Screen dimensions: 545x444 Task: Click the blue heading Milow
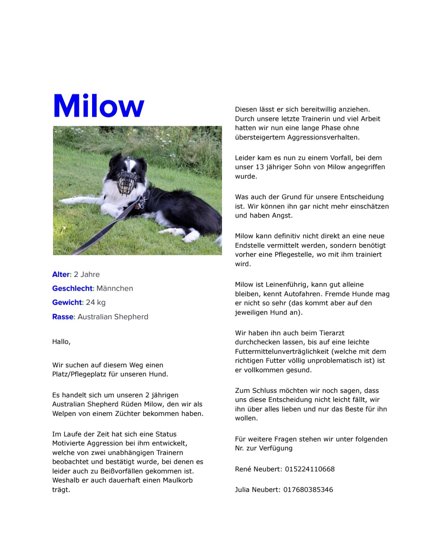point(99,106)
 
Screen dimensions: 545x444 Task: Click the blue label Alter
point(61,274)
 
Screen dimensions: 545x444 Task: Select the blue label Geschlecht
point(73,288)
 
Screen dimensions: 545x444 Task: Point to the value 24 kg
point(95,302)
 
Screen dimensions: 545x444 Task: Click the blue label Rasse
point(63,317)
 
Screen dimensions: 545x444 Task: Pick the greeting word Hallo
point(61,342)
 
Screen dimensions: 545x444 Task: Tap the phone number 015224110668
point(310,469)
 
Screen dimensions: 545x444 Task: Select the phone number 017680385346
point(308,489)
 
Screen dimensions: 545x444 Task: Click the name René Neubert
point(258,469)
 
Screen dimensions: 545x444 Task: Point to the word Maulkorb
point(178,480)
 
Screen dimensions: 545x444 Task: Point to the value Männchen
point(115,288)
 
